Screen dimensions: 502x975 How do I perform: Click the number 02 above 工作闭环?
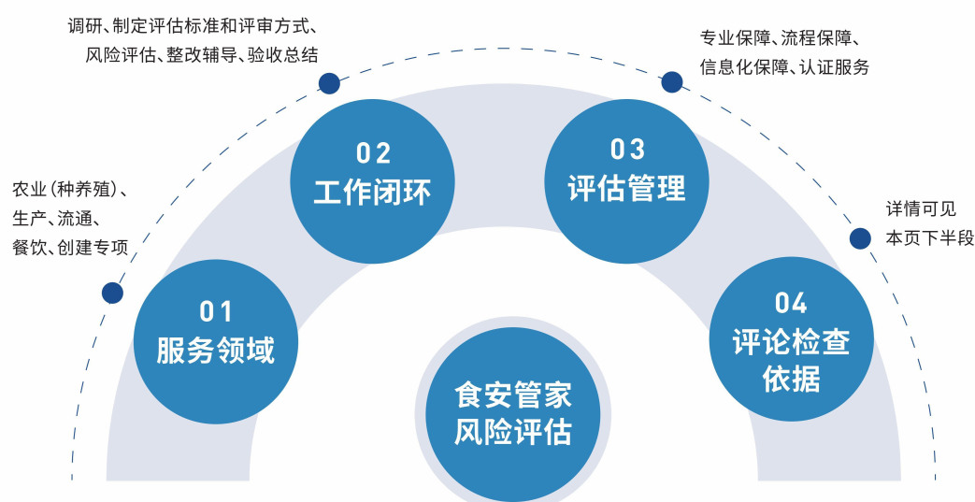pyautogui.click(x=373, y=153)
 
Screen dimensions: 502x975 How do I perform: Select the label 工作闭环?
pyautogui.click(x=372, y=192)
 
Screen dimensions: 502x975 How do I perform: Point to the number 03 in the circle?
pyautogui.click(x=627, y=150)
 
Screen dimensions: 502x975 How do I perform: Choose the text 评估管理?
pyautogui.click(x=626, y=188)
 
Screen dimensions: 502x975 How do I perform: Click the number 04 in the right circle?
pyautogui.click(x=791, y=303)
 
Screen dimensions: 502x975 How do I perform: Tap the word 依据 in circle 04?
pyautogui.click(x=791, y=380)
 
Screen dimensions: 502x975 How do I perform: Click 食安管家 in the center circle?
pyautogui.click(x=512, y=394)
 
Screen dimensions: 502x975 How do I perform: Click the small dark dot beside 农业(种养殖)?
pyautogui.click(x=112, y=293)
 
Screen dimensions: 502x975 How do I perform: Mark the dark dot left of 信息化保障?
pyautogui.click(x=671, y=82)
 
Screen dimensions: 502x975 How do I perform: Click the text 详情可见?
pyautogui.click(x=920, y=209)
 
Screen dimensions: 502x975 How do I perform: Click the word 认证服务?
pyautogui.click(x=835, y=67)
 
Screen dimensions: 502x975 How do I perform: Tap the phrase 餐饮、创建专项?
pyautogui.click(x=69, y=248)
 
